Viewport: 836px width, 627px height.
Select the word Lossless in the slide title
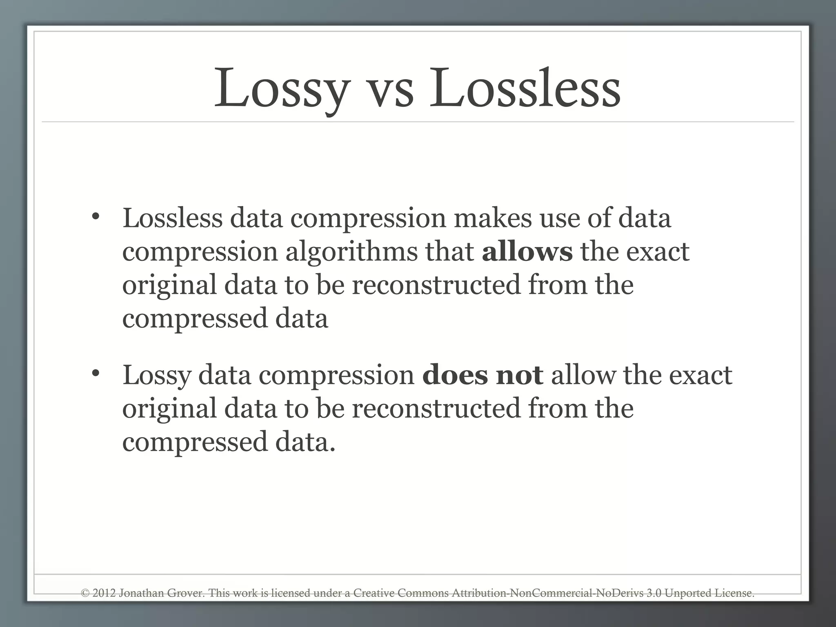pyautogui.click(x=525, y=88)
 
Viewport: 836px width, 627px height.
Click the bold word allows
pyautogui.click(x=527, y=251)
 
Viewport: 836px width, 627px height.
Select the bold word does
pyautogui.click(x=455, y=375)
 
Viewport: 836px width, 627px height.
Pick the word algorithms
pyautogui.click(x=351, y=252)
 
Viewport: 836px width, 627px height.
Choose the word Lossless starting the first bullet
pyautogui.click(x=172, y=218)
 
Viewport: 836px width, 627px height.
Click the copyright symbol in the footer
pyautogui.click(x=85, y=593)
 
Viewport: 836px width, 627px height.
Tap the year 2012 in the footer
pyautogui.click(x=104, y=593)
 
